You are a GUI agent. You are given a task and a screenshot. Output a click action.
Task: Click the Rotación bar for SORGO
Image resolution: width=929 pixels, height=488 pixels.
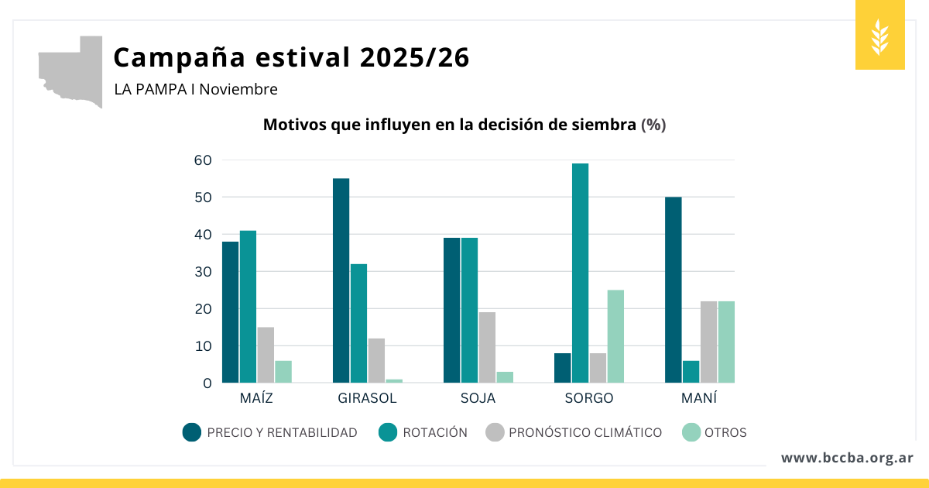pyautogui.click(x=580, y=273)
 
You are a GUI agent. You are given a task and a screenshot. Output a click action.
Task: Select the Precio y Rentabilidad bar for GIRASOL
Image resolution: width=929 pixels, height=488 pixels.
pyautogui.click(x=341, y=280)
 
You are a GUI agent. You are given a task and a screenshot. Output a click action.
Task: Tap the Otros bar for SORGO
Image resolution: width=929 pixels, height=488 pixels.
pyautogui.click(x=615, y=336)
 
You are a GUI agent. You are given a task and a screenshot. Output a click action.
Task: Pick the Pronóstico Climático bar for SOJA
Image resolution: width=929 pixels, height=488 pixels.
pyautogui.click(x=487, y=347)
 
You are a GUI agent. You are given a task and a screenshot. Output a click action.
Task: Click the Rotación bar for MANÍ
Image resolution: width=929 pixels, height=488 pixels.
pyautogui.click(x=691, y=372)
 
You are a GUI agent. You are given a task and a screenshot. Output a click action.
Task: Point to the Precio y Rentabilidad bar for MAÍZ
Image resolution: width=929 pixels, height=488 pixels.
pyautogui.click(x=230, y=312)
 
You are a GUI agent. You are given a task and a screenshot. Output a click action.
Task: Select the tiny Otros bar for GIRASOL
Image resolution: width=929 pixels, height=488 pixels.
pyautogui.click(x=394, y=380)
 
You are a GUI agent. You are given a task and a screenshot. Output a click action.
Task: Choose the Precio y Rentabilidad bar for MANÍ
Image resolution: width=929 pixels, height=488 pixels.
pyautogui.click(x=673, y=290)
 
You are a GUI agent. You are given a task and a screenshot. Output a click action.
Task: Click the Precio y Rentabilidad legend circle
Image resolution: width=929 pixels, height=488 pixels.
pyautogui.click(x=192, y=432)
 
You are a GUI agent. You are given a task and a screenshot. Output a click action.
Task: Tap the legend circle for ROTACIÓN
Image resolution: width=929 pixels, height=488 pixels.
pyautogui.click(x=388, y=432)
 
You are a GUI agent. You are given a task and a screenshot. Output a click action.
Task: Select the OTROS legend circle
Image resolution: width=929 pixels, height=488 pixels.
pyautogui.click(x=690, y=432)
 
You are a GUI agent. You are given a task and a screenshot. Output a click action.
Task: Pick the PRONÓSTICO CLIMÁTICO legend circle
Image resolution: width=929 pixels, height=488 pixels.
pyautogui.click(x=494, y=432)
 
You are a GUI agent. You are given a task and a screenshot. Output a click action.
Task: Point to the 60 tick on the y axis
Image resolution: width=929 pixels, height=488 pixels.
pyautogui.click(x=203, y=160)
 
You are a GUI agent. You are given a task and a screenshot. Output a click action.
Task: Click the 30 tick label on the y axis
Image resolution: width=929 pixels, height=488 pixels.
pyautogui.click(x=203, y=272)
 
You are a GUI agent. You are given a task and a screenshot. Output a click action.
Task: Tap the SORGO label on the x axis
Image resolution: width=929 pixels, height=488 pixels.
pyautogui.click(x=588, y=398)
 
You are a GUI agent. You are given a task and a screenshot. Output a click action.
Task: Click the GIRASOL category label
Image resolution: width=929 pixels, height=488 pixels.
pyautogui.click(x=367, y=398)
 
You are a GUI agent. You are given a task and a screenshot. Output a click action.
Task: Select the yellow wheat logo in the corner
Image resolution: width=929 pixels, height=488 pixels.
pyautogui.click(x=879, y=36)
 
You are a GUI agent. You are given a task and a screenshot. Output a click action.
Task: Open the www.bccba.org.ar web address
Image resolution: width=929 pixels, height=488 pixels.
pyautogui.click(x=847, y=458)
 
